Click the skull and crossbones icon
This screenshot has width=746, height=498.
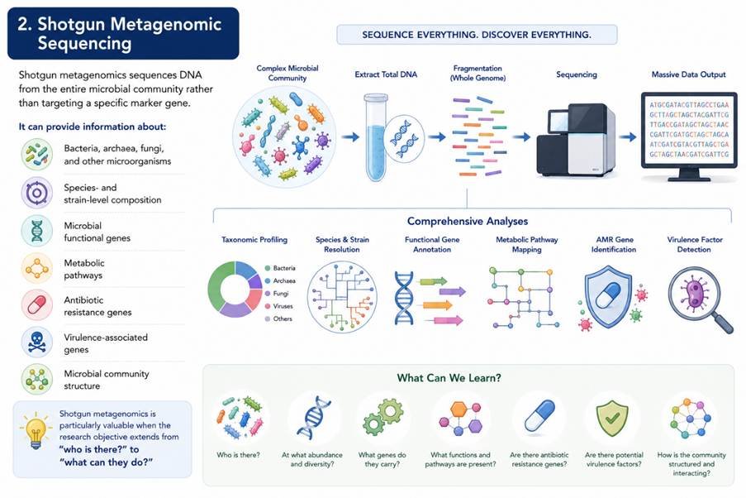[x=36, y=342]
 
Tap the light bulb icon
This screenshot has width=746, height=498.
[x=36, y=430]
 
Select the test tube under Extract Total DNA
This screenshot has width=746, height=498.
[x=376, y=137]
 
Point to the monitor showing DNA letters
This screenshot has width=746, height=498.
[x=689, y=136]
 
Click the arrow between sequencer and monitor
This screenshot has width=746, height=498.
[x=628, y=137]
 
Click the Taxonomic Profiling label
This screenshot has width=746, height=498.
[x=254, y=240]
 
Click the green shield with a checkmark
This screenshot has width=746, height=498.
[x=612, y=418]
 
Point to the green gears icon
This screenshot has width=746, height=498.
[x=383, y=417]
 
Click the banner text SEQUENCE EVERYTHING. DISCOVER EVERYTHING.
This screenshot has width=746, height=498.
[x=477, y=35]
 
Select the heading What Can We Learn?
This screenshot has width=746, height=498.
[x=449, y=378]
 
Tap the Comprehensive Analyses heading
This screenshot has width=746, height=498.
[x=468, y=221]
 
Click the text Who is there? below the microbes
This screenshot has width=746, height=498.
[x=239, y=455]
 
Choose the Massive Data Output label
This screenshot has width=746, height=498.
[x=688, y=74]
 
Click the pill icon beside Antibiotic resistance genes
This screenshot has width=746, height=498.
[x=36, y=304]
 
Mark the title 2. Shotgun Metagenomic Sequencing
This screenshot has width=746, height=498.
[x=120, y=33]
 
